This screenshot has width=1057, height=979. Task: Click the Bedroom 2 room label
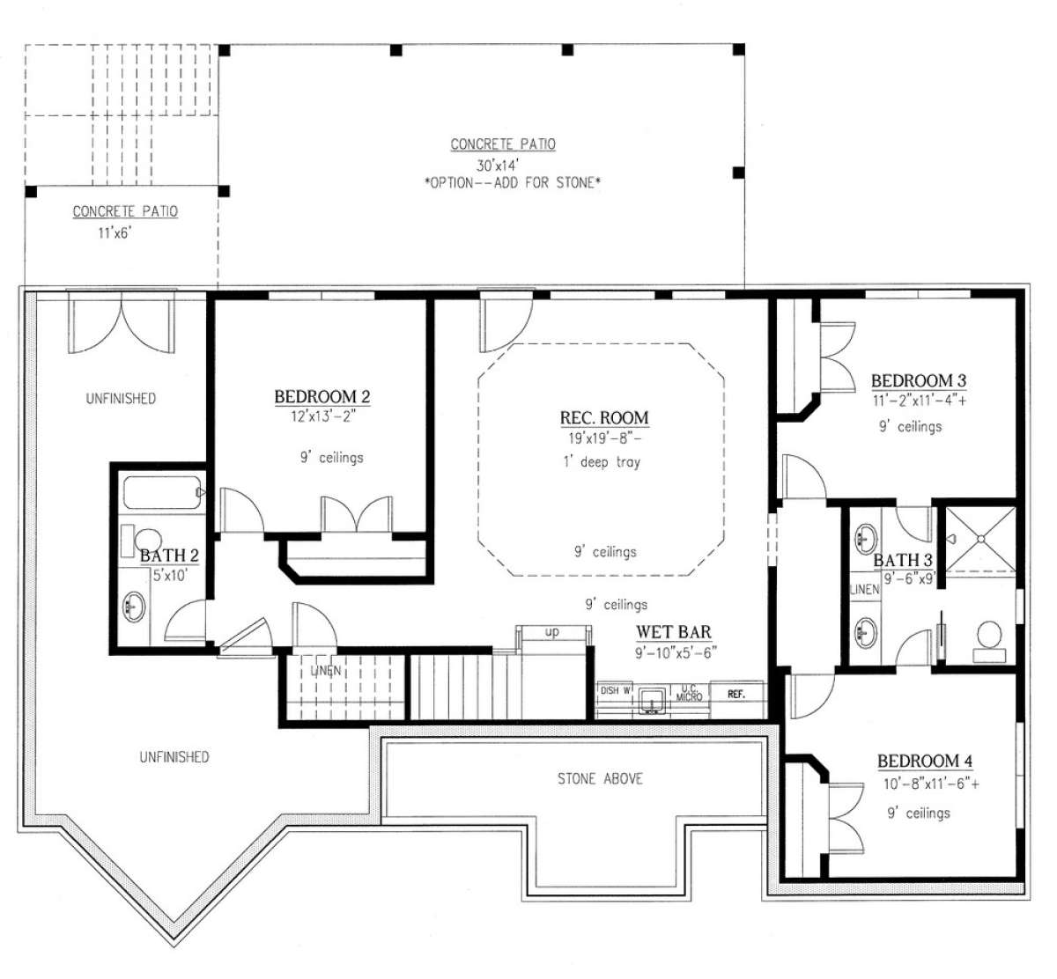(322, 396)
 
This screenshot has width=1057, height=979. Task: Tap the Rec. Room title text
(604, 417)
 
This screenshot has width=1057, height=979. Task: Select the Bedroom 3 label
(919, 380)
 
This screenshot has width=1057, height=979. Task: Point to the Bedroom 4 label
(925, 761)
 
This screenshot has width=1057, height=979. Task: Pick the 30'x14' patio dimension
(498, 165)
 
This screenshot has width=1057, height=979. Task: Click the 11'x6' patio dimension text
(115, 232)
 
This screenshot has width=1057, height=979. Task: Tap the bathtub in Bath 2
(162, 493)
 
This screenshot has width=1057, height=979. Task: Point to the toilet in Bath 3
(989, 641)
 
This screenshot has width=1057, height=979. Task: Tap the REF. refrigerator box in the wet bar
(737, 694)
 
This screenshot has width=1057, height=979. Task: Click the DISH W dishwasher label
(615, 690)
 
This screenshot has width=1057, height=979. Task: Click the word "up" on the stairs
(552, 631)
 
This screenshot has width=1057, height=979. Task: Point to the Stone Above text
(600, 779)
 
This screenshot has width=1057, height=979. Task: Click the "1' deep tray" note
(602, 462)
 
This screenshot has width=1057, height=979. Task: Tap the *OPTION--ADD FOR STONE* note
(513, 183)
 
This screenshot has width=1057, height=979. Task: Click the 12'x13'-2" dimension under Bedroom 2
(322, 416)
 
